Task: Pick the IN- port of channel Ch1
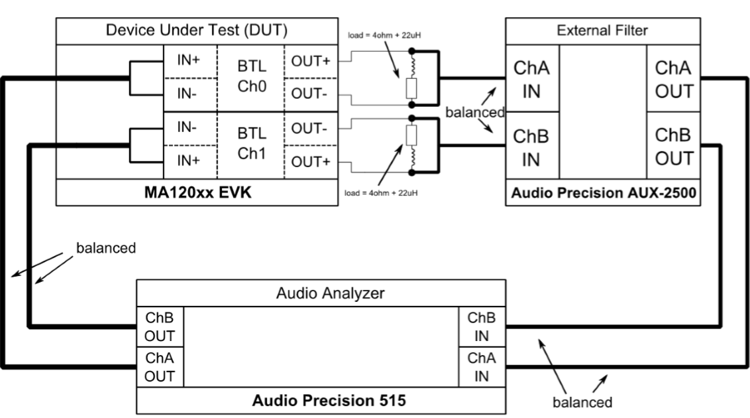tap(191, 128)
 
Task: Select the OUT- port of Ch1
tap(310, 128)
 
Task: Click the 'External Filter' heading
tap(602, 31)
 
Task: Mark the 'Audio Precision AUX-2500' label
tap(602, 194)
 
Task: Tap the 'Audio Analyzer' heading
tap(321, 293)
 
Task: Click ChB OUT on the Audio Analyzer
tap(160, 326)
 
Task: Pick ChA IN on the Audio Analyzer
tap(482, 367)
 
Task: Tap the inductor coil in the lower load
tap(411, 159)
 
